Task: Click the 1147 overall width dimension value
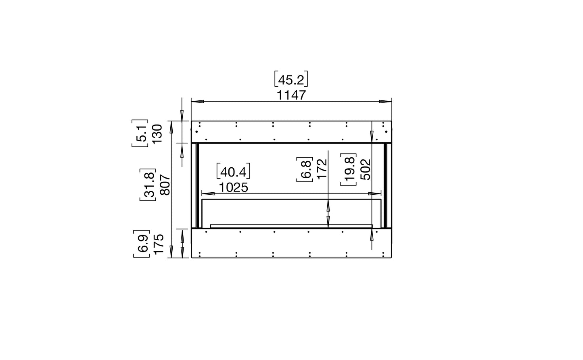[291, 95]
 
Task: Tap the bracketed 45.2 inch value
[291, 79]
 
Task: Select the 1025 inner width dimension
[234, 187]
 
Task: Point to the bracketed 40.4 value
[233, 171]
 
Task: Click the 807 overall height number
[165, 185]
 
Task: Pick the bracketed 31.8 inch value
[148, 185]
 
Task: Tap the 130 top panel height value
[157, 133]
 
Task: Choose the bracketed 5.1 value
[140, 133]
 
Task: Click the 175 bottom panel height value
[159, 244]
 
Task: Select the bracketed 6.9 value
[141, 244]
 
